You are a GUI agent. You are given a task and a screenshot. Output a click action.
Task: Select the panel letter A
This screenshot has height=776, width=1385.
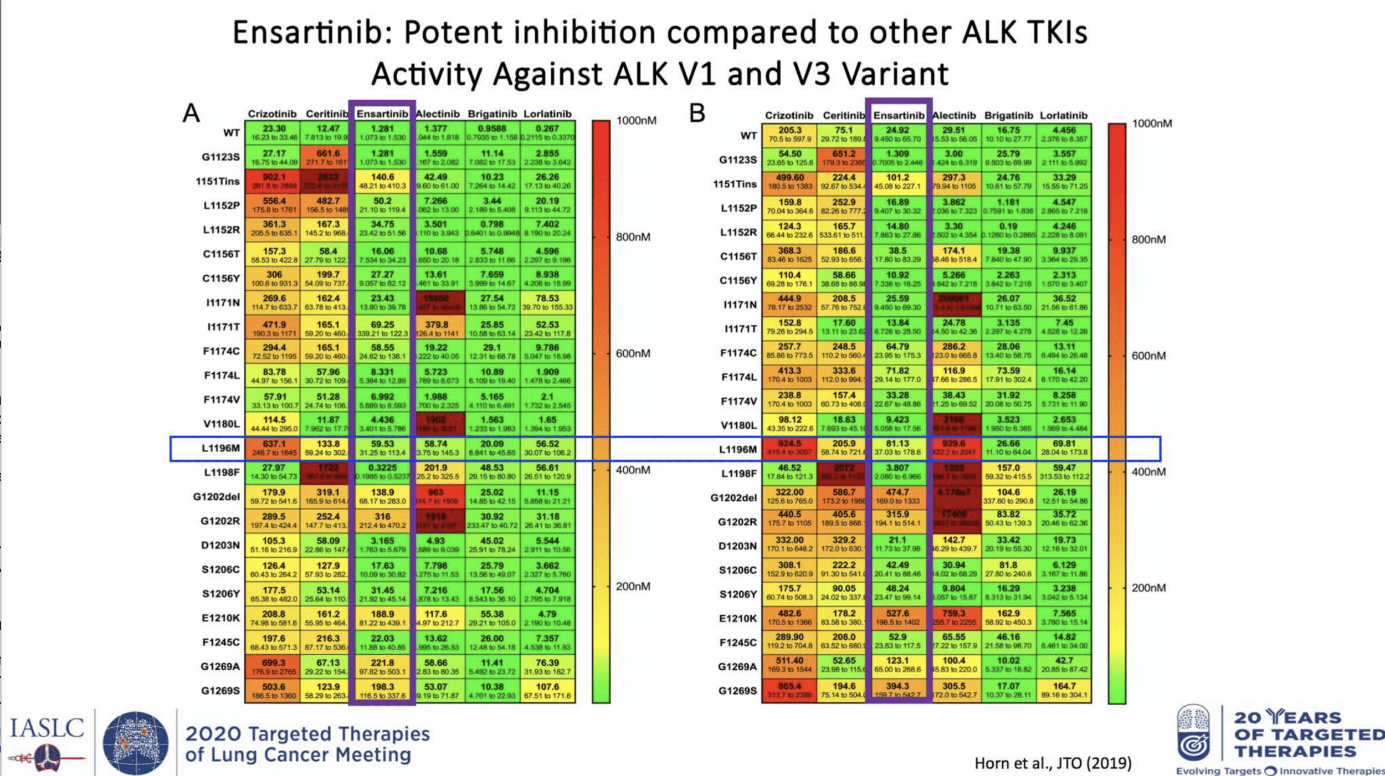pyautogui.click(x=191, y=113)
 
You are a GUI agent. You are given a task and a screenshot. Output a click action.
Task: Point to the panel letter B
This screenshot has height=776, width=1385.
pyautogui.click(x=697, y=113)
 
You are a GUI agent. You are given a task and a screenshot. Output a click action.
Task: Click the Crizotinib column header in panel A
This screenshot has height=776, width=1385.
pyautogui.click(x=272, y=114)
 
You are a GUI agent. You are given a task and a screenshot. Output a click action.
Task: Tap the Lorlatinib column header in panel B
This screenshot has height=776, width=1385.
pyautogui.click(x=1063, y=115)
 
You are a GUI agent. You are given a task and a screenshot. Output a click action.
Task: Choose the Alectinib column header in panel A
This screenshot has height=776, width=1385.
pyautogui.click(x=438, y=114)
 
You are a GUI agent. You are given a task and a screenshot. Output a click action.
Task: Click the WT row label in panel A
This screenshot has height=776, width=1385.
pyautogui.click(x=232, y=133)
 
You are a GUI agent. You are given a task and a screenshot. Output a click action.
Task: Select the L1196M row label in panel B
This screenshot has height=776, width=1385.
pyautogui.click(x=737, y=449)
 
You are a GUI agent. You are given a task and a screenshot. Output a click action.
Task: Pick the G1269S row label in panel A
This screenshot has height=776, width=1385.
pyautogui.click(x=220, y=691)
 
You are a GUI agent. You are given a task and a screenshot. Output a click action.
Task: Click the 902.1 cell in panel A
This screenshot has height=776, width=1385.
pyautogui.click(x=274, y=181)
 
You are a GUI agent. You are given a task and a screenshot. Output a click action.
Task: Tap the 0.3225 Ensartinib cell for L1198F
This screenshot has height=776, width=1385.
pyautogui.click(x=382, y=472)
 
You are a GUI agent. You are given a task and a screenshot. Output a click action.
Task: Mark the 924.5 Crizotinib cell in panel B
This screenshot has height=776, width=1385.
pyautogui.click(x=789, y=448)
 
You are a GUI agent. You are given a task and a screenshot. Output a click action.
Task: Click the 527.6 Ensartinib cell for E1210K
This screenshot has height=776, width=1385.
pyautogui.click(x=897, y=618)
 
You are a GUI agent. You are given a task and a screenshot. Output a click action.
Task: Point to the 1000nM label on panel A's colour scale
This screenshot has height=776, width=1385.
pyautogui.click(x=636, y=121)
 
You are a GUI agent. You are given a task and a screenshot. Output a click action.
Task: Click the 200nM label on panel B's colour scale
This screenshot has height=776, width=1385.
pyautogui.click(x=1148, y=588)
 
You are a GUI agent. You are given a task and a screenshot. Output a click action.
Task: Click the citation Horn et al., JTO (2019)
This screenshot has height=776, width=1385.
pyautogui.click(x=1053, y=763)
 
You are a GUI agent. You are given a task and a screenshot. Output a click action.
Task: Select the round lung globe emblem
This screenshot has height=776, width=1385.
pyautogui.click(x=136, y=743)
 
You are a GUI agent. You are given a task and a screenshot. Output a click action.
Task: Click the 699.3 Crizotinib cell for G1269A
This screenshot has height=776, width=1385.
pyautogui.click(x=274, y=666)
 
